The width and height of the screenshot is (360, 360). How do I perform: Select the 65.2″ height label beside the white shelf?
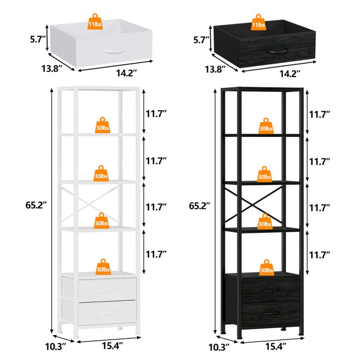(36, 205)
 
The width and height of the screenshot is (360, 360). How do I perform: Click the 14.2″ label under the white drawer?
(126, 72)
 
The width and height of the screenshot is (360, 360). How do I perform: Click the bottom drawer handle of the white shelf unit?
(107, 311)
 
